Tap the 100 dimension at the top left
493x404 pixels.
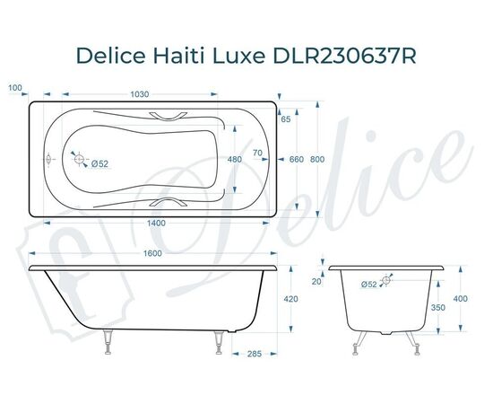pos(13,88)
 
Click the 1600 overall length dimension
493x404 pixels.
pos(151,254)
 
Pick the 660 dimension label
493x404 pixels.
pos(297,159)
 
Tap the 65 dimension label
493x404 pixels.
pos(285,119)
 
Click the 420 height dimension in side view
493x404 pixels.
pos(290,299)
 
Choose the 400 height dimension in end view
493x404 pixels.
pos(461,299)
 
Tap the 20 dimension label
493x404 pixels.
pos(316,281)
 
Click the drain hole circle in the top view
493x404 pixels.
pos(82,162)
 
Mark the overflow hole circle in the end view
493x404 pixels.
pos(386,281)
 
